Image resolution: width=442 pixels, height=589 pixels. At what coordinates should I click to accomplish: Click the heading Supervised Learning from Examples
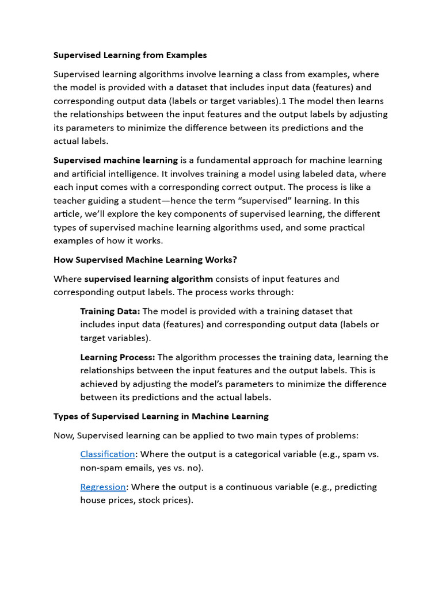[x=130, y=55]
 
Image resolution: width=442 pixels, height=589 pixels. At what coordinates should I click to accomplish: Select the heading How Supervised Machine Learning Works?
[x=145, y=259]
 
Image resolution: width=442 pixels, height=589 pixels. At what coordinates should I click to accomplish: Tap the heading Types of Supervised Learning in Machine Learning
[x=161, y=416]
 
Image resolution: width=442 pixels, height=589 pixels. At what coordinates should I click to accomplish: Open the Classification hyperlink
[x=108, y=454]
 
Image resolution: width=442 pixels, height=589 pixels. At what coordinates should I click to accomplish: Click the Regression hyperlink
[x=103, y=487]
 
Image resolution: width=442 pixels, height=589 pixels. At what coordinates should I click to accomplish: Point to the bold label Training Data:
[x=110, y=311]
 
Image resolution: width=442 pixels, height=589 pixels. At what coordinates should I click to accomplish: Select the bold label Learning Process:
[x=117, y=357]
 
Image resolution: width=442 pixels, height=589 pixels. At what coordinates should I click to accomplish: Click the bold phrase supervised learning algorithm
[x=148, y=279]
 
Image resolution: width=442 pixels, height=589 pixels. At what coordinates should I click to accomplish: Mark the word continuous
[x=253, y=487]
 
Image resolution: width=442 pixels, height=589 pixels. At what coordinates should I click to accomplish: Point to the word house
[x=92, y=500]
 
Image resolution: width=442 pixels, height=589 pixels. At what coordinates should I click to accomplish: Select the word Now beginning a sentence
[x=63, y=435]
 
